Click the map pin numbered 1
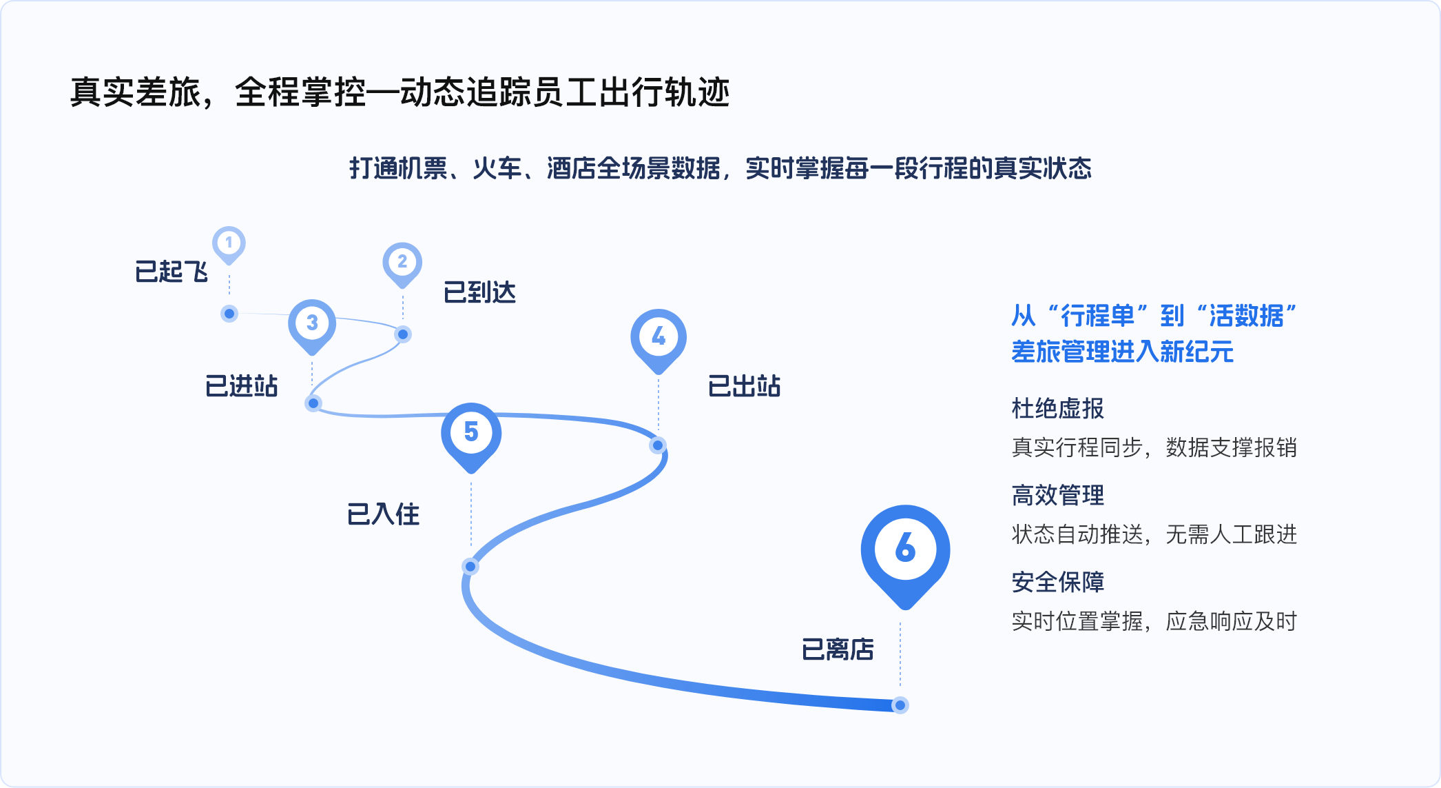tap(229, 244)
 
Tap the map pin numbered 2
tap(402, 264)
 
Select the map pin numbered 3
tap(312, 325)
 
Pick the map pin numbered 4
tap(659, 340)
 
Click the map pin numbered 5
tap(471, 436)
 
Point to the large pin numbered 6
tap(905, 554)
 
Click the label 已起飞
tap(172, 272)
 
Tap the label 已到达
tap(480, 292)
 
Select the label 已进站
tap(242, 386)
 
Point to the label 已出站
tap(745, 386)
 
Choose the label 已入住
tap(384, 514)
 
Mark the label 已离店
tap(838, 649)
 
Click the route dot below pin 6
tap(900, 705)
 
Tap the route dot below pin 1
tap(229, 314)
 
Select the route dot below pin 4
tap(658, 445)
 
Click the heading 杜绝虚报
tap(1058, 409)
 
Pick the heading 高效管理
tap(1058, 496)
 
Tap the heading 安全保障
tap(1058, 583)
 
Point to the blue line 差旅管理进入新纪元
tap(1122, 352)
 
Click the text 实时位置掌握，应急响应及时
tap(1154, 621)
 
